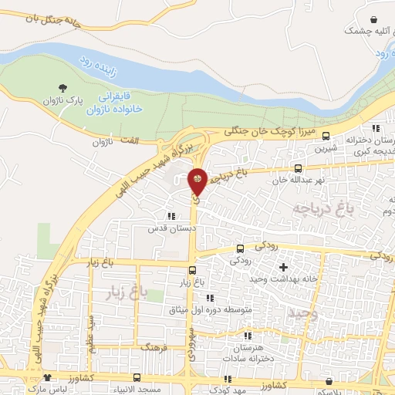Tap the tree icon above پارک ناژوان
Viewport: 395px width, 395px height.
point(62,88)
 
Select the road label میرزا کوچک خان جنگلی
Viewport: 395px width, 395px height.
point(271,133)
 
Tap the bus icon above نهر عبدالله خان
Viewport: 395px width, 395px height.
point(298,168)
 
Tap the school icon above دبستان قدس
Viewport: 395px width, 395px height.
point(170,216)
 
